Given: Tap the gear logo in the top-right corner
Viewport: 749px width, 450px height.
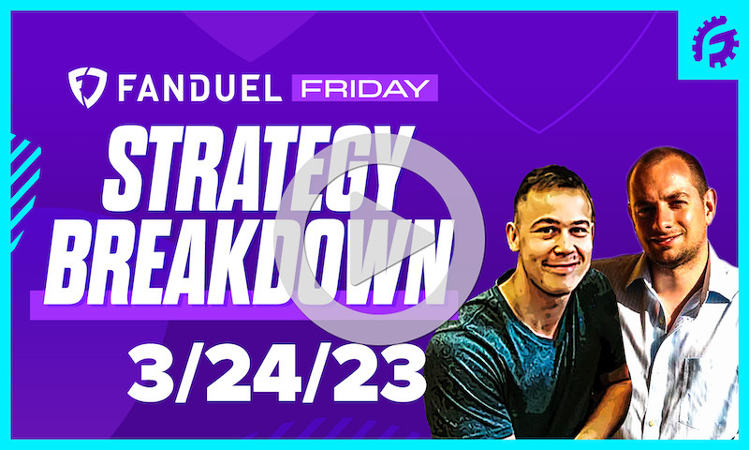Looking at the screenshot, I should (x=714, y=42).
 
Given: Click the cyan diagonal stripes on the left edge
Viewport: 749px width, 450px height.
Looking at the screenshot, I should (x=21, y=178).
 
